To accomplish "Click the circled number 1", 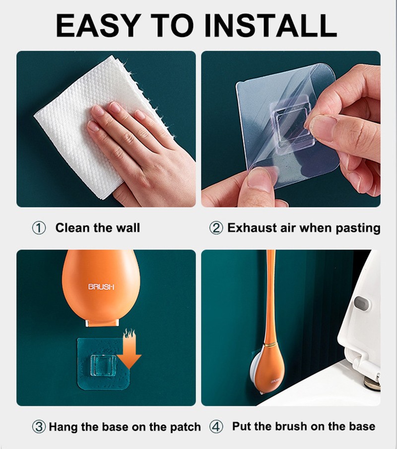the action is pyautogui.click(x=39, y=228).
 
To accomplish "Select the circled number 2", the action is pyautogui.click(x=216, y=228).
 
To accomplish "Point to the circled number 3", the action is pyautogui.click(x=39, y=427).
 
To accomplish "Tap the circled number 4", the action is pyautogui.click(x=216, y=427).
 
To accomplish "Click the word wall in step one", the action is pyautogui.click(x=128, y=228).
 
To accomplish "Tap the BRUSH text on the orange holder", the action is pyautogui.click(x=101, y=286).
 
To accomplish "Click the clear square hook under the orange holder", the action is pyautogui.click(x=104, y=365).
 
